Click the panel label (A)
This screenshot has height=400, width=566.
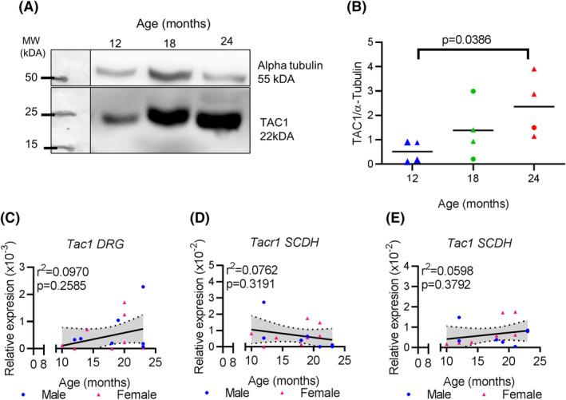17,11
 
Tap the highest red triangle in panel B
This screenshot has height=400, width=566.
534,69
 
